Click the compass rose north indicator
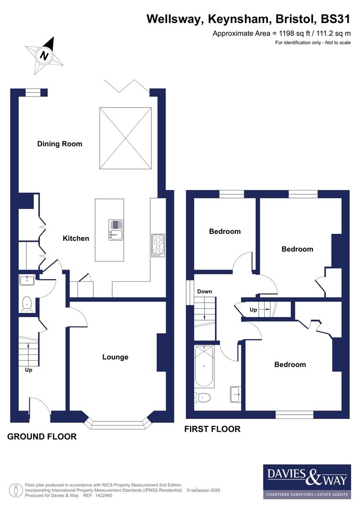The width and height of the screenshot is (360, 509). pyautogui.click(x=45, y=55)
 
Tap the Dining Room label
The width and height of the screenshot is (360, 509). pyautogui.click(x=60, y=144)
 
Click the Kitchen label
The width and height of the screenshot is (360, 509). pyautogui.click(x=76, y=238)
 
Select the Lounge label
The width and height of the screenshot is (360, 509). pyautogui.click(x=115, y=357)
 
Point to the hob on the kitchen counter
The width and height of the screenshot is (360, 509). pyautogui.click(x=158, y=245)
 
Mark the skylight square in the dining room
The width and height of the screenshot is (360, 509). pyautogui.click(x=126, y=138)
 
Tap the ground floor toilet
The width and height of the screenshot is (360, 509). pyautogui.click(x=27, y=304)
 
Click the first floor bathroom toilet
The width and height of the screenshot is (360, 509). pyautogui.click(x=202, y=398)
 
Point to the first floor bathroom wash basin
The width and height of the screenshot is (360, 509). pyautogui.click(x=235, y=394)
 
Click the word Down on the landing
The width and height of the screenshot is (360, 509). pyautogui.click(x=205, y=291)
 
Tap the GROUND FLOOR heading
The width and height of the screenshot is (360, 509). pyautogui.click(x=42, y=437)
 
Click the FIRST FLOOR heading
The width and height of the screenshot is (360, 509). pyautogui.click(x=212, y=429)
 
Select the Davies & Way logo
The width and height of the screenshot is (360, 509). pyautogui.click(x=307, y=481)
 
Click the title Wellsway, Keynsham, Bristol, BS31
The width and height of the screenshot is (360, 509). pyautogui.click(x=249, y=19)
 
